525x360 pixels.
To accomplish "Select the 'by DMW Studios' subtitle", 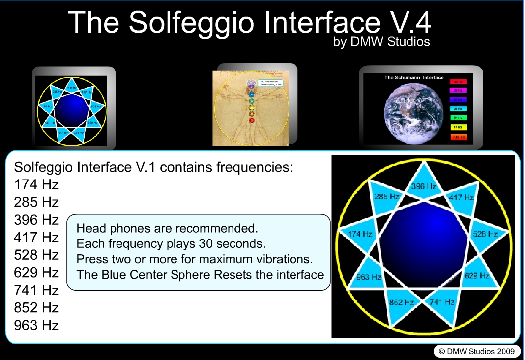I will pos(382,42).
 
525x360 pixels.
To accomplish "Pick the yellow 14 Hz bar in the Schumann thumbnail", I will pos(459,127).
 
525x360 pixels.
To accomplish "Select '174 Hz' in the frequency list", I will pos(37,185).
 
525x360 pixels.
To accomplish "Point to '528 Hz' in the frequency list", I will pos(37,255).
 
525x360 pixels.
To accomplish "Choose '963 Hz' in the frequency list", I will pos(37,325).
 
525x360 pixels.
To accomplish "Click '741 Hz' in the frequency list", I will pos(37,290).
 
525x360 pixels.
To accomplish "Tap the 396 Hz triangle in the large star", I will pos(424,184).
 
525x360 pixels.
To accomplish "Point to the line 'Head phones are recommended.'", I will pos(168,229).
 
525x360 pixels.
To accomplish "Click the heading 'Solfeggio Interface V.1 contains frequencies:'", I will pos(154,167).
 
